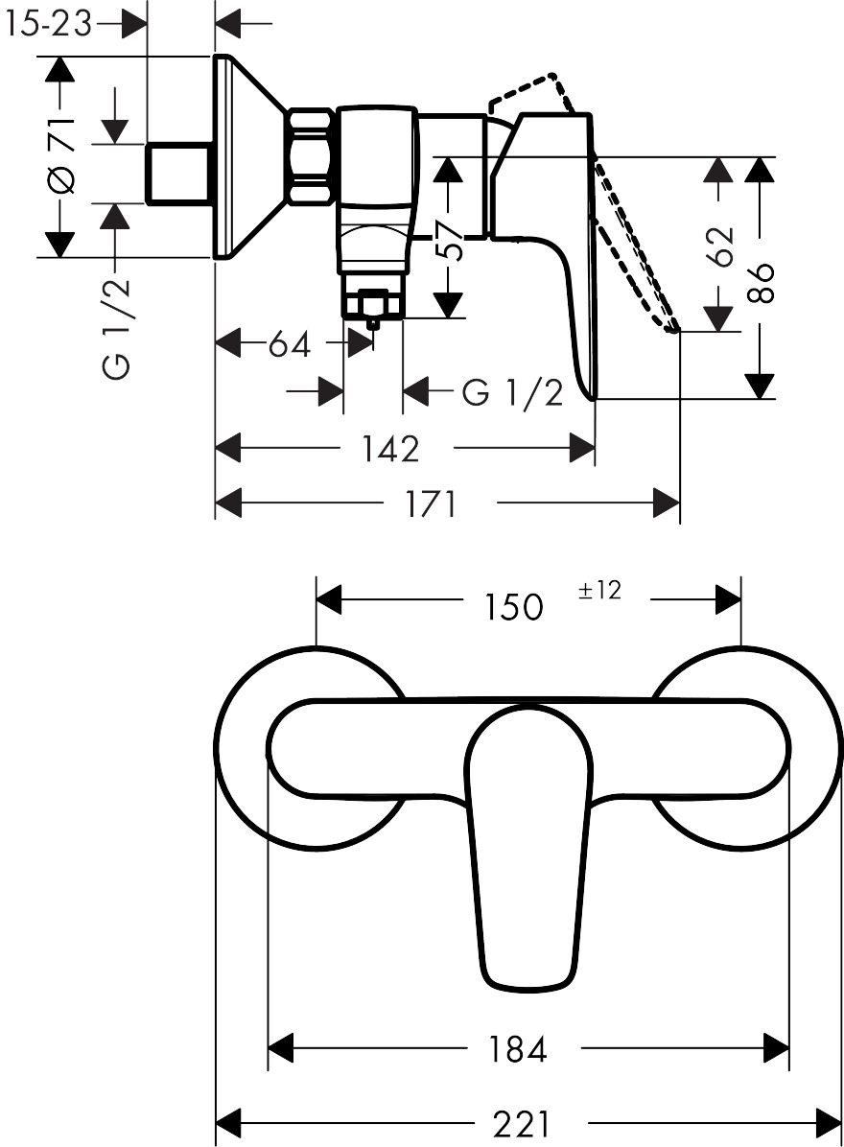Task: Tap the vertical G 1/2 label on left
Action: pos(117,327)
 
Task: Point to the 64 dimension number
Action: pos(289,343)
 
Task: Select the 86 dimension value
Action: pos(761,283)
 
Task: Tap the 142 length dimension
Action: pos(391,448)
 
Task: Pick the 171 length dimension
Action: pos(431,503)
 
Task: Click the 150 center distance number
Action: pos(513,605)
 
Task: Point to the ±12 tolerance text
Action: pos(599,591)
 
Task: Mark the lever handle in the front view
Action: pos(527,844)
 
